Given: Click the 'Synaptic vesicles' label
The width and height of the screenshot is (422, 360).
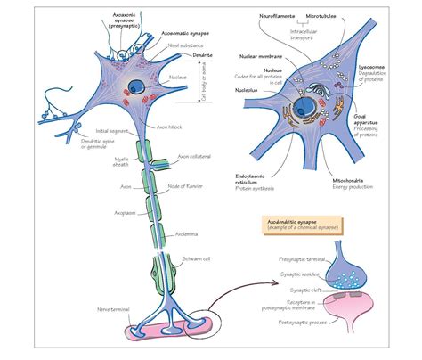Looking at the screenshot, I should pyautogui.click(x=289, y=273).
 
